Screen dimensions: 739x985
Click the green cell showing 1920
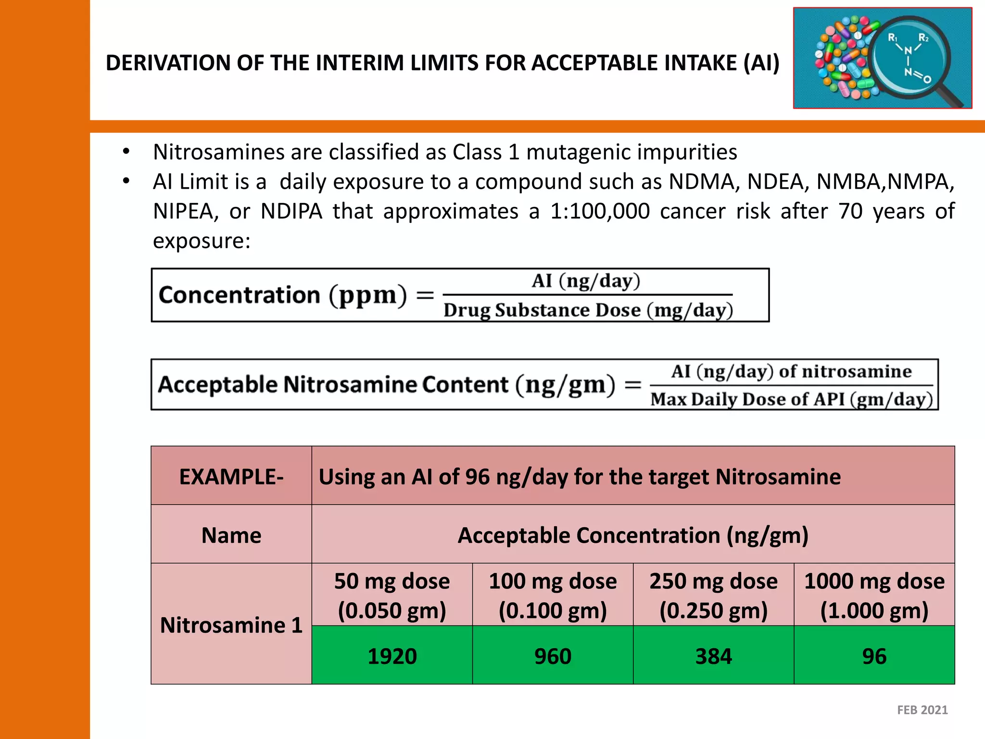(392, 656)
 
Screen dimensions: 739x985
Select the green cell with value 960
(553, 656)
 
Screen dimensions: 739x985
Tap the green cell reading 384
(713, 656)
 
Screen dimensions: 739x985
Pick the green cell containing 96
(874, 656)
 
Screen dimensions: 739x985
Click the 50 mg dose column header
(392, 595)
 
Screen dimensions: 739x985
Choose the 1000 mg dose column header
(874, 595)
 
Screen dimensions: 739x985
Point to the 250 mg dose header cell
(713, 595)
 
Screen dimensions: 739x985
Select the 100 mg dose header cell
(553, 595)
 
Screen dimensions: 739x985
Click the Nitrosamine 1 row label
(231, 624)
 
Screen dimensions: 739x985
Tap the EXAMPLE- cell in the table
(231, 476)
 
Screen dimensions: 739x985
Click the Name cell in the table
(231, 535)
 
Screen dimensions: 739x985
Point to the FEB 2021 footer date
(922, 710)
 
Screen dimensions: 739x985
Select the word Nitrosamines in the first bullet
(219, 152)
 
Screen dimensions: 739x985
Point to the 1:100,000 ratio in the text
(600, 211)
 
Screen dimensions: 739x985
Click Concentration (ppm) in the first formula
(282, 295)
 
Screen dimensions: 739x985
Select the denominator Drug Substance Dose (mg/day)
(588, 310)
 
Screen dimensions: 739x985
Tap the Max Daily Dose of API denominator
(791, 399)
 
